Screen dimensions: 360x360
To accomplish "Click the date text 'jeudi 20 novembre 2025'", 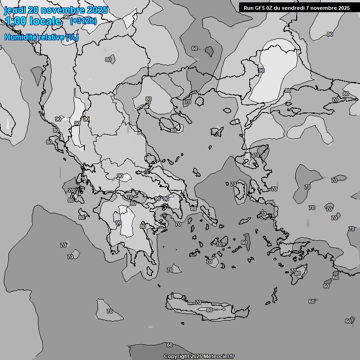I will (56, 10).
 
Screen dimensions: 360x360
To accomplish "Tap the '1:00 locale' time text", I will (34, 21).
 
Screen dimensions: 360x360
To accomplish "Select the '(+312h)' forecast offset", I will (83, 21).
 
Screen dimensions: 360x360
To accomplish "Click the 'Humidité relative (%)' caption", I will (42, 37).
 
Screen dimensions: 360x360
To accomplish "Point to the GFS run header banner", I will (296, 7).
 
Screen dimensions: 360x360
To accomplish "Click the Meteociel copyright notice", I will (199, 356).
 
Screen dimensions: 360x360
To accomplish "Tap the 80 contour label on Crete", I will (209, 310).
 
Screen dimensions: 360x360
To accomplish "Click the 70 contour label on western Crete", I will (198, 302).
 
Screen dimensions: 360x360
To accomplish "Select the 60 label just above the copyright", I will (170, 345).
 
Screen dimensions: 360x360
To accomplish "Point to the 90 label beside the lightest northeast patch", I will (261, 70).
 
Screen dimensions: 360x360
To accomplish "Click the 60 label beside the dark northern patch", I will (194, 48).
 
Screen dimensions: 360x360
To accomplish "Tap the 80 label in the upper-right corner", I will (330, 34).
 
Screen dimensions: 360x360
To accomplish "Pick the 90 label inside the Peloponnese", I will (119, 223).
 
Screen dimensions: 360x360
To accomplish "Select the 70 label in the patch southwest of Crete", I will (109, 311).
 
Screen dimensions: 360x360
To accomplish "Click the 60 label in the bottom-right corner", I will (348, 321).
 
